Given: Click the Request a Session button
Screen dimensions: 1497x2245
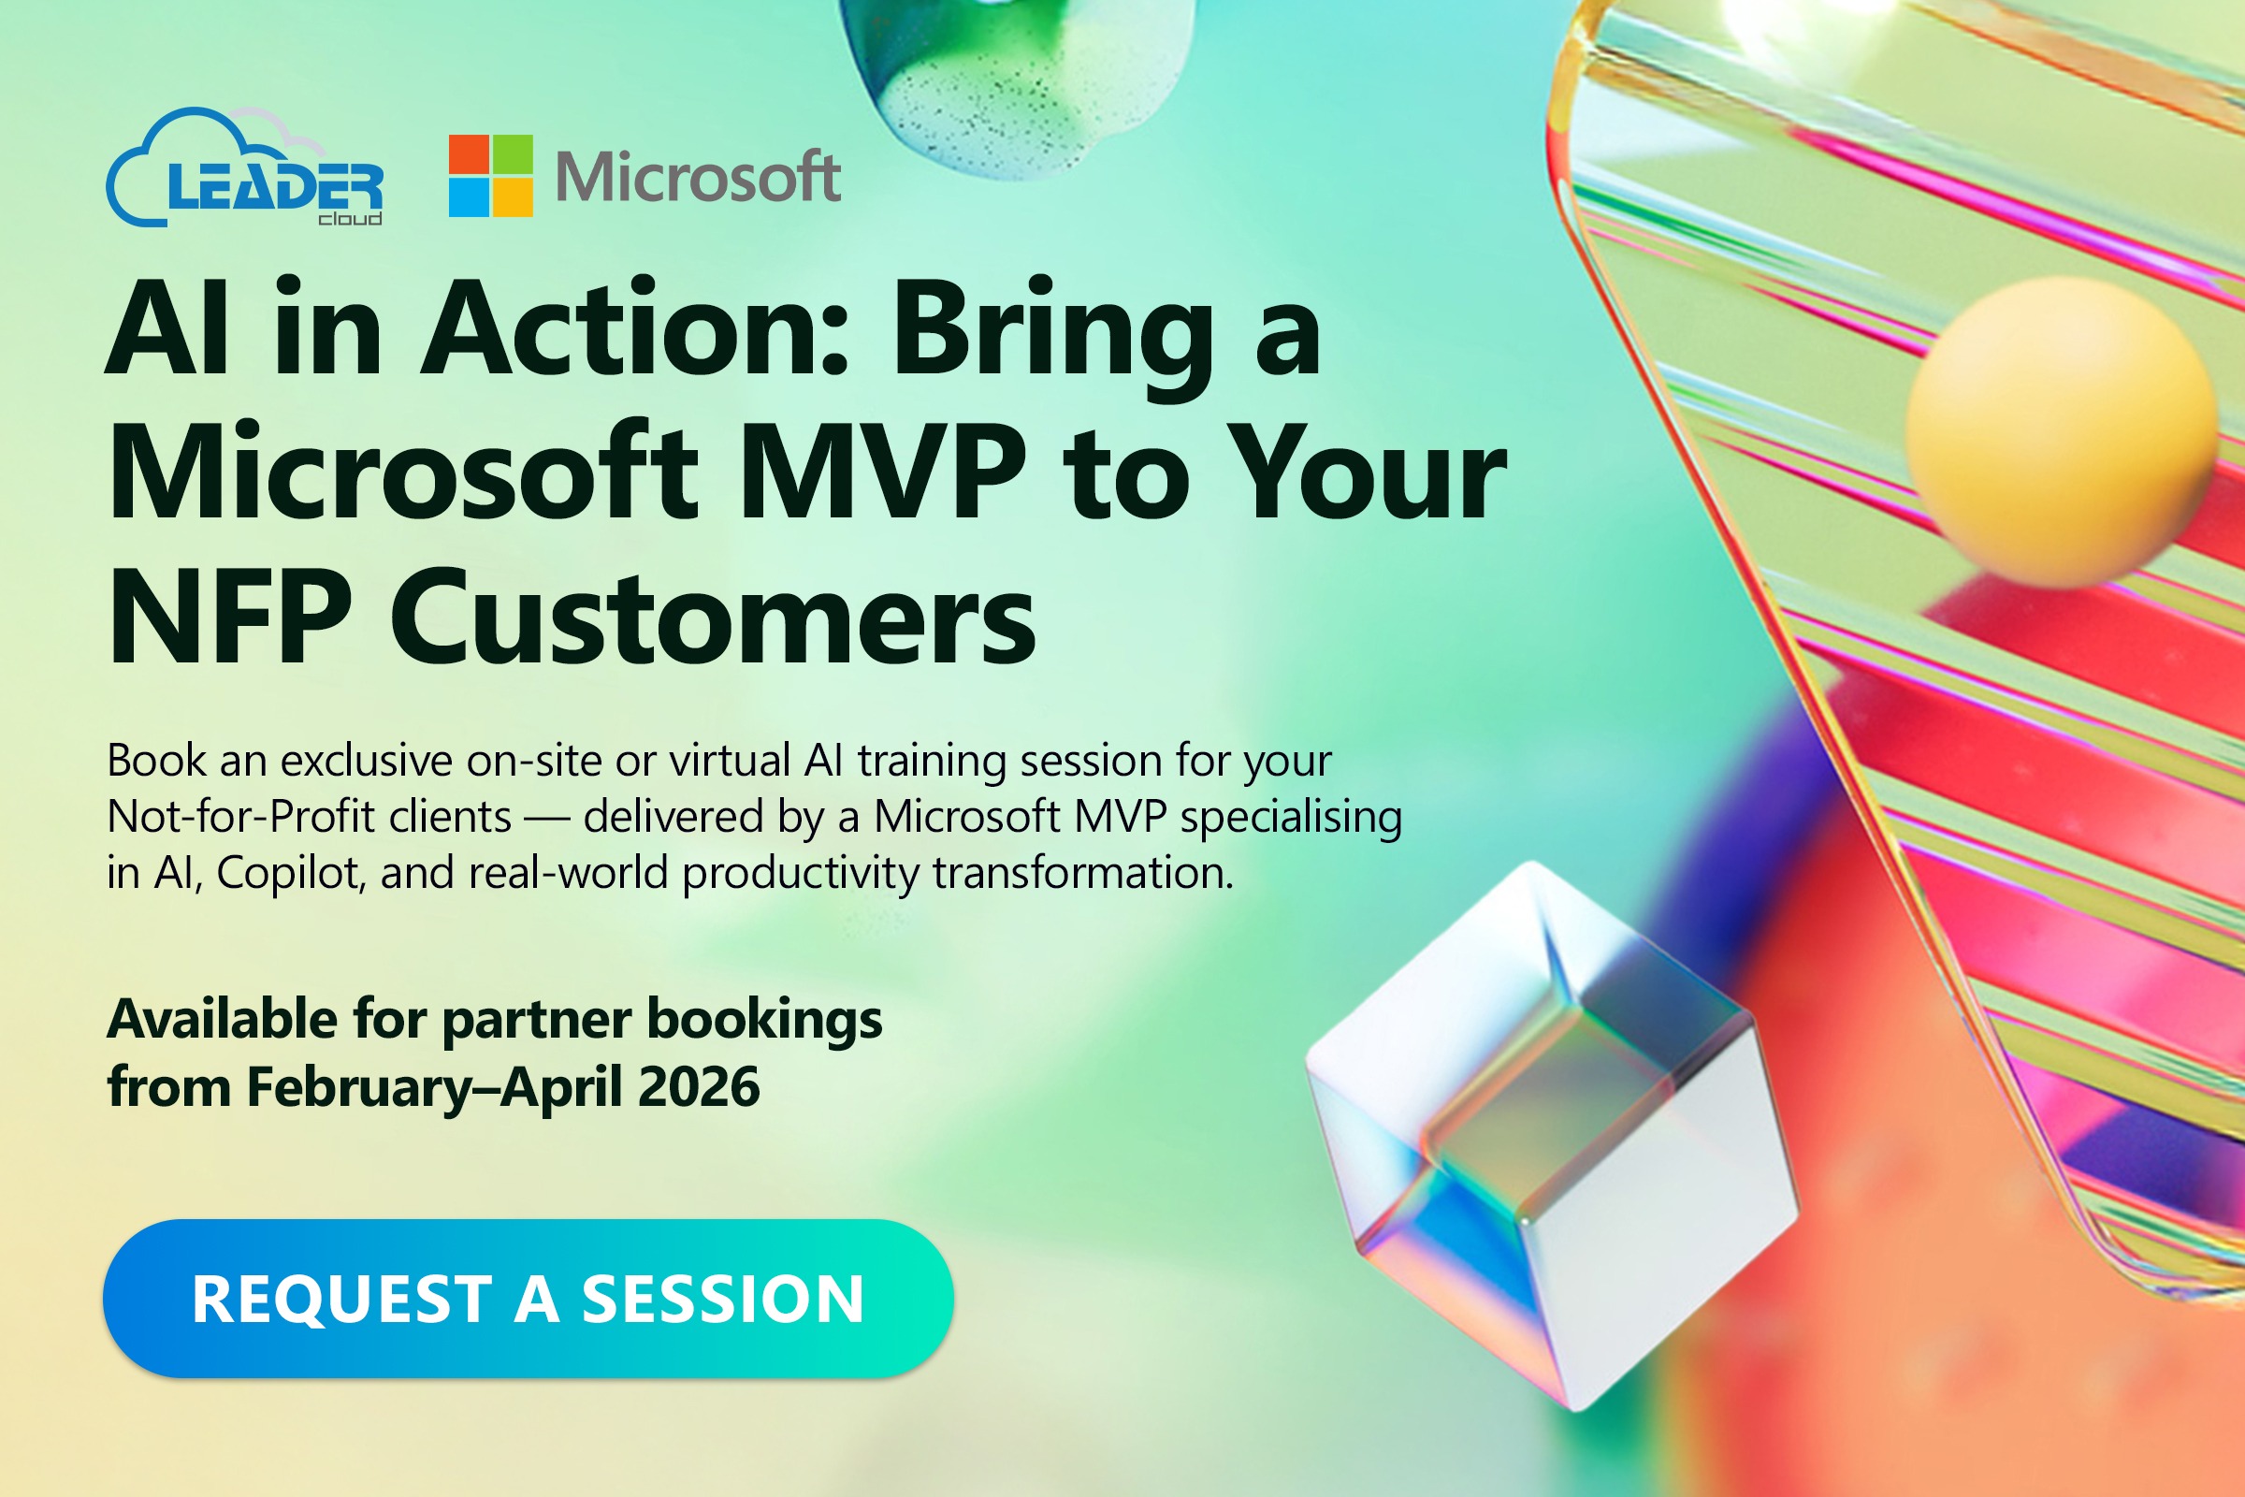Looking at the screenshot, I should [528, 1299].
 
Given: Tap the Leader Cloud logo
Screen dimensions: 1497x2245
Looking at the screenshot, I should [246, 172].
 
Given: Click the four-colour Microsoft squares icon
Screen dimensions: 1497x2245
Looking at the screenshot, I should [490, 176].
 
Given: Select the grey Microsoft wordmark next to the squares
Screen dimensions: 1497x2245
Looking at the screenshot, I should [698, 178].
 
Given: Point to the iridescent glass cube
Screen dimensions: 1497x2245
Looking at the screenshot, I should [1551, 1136].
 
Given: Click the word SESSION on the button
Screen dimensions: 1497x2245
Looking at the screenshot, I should [722, 1300].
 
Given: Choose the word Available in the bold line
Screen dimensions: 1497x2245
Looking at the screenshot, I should [222, 1019].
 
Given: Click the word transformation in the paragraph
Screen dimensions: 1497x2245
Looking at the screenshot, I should [1082, 873].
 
